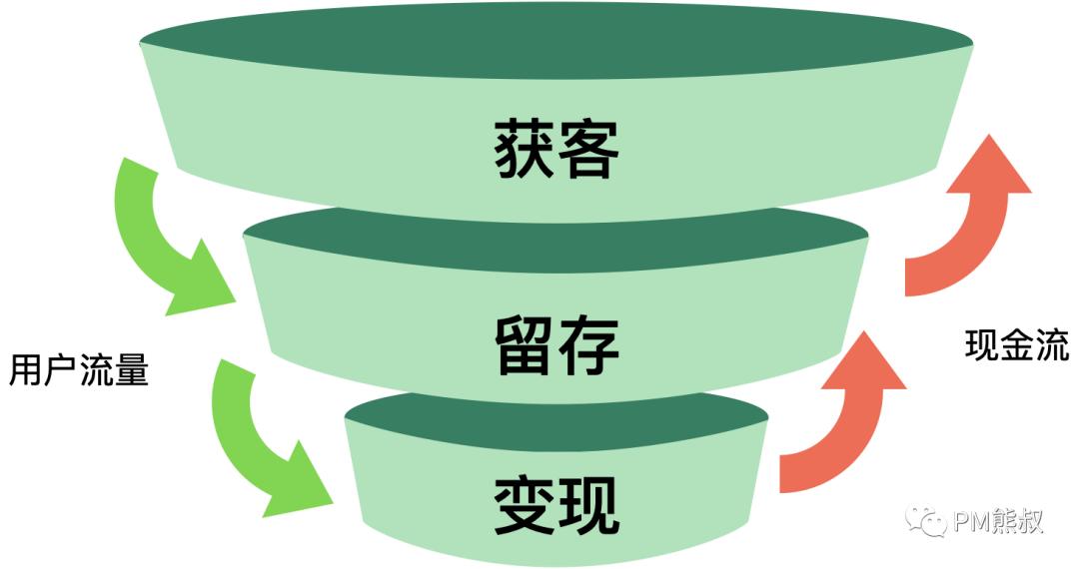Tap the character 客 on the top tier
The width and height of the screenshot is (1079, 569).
(x=589, y=150)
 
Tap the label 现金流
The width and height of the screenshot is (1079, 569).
(x=1017, y=345)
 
